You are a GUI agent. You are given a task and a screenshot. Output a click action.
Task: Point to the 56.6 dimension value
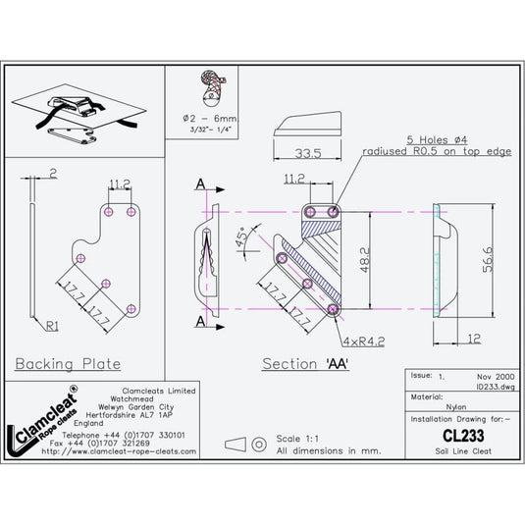pos(486,261)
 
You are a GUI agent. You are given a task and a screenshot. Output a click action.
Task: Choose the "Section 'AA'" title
pos(306,364)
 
